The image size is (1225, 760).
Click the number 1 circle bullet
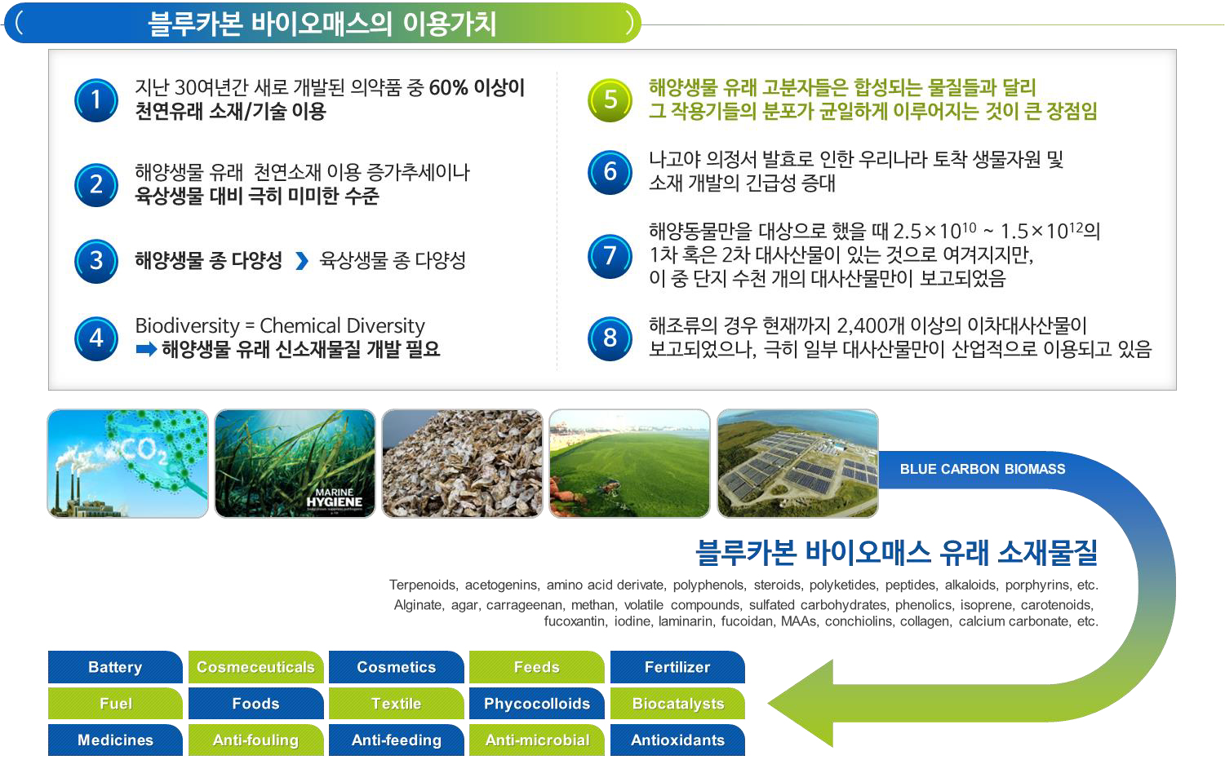coord(96,100)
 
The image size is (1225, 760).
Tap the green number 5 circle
coord(610,100)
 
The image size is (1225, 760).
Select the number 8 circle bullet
coord(610,338)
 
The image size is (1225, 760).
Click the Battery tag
coord(115,667)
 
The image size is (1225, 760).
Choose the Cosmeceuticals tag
coord(256,667)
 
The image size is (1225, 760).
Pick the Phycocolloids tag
coord(537,704)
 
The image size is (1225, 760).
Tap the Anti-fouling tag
coord(256,740)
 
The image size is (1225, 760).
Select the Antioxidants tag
coord(677,740)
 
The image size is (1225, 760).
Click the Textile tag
coord(397,704)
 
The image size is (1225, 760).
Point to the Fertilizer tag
coord(677,667)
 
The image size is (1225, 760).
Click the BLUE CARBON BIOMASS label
coord(983,469)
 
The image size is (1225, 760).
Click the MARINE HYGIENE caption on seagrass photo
coord(334,497)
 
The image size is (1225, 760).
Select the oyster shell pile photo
coord(463,463)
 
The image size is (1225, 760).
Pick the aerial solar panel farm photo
coord(798,463)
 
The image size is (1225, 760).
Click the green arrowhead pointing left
coord(801,704)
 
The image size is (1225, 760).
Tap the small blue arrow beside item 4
coord(146,348)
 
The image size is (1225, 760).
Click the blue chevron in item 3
coord(302,261)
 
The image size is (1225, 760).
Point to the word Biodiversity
coord(188,326)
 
